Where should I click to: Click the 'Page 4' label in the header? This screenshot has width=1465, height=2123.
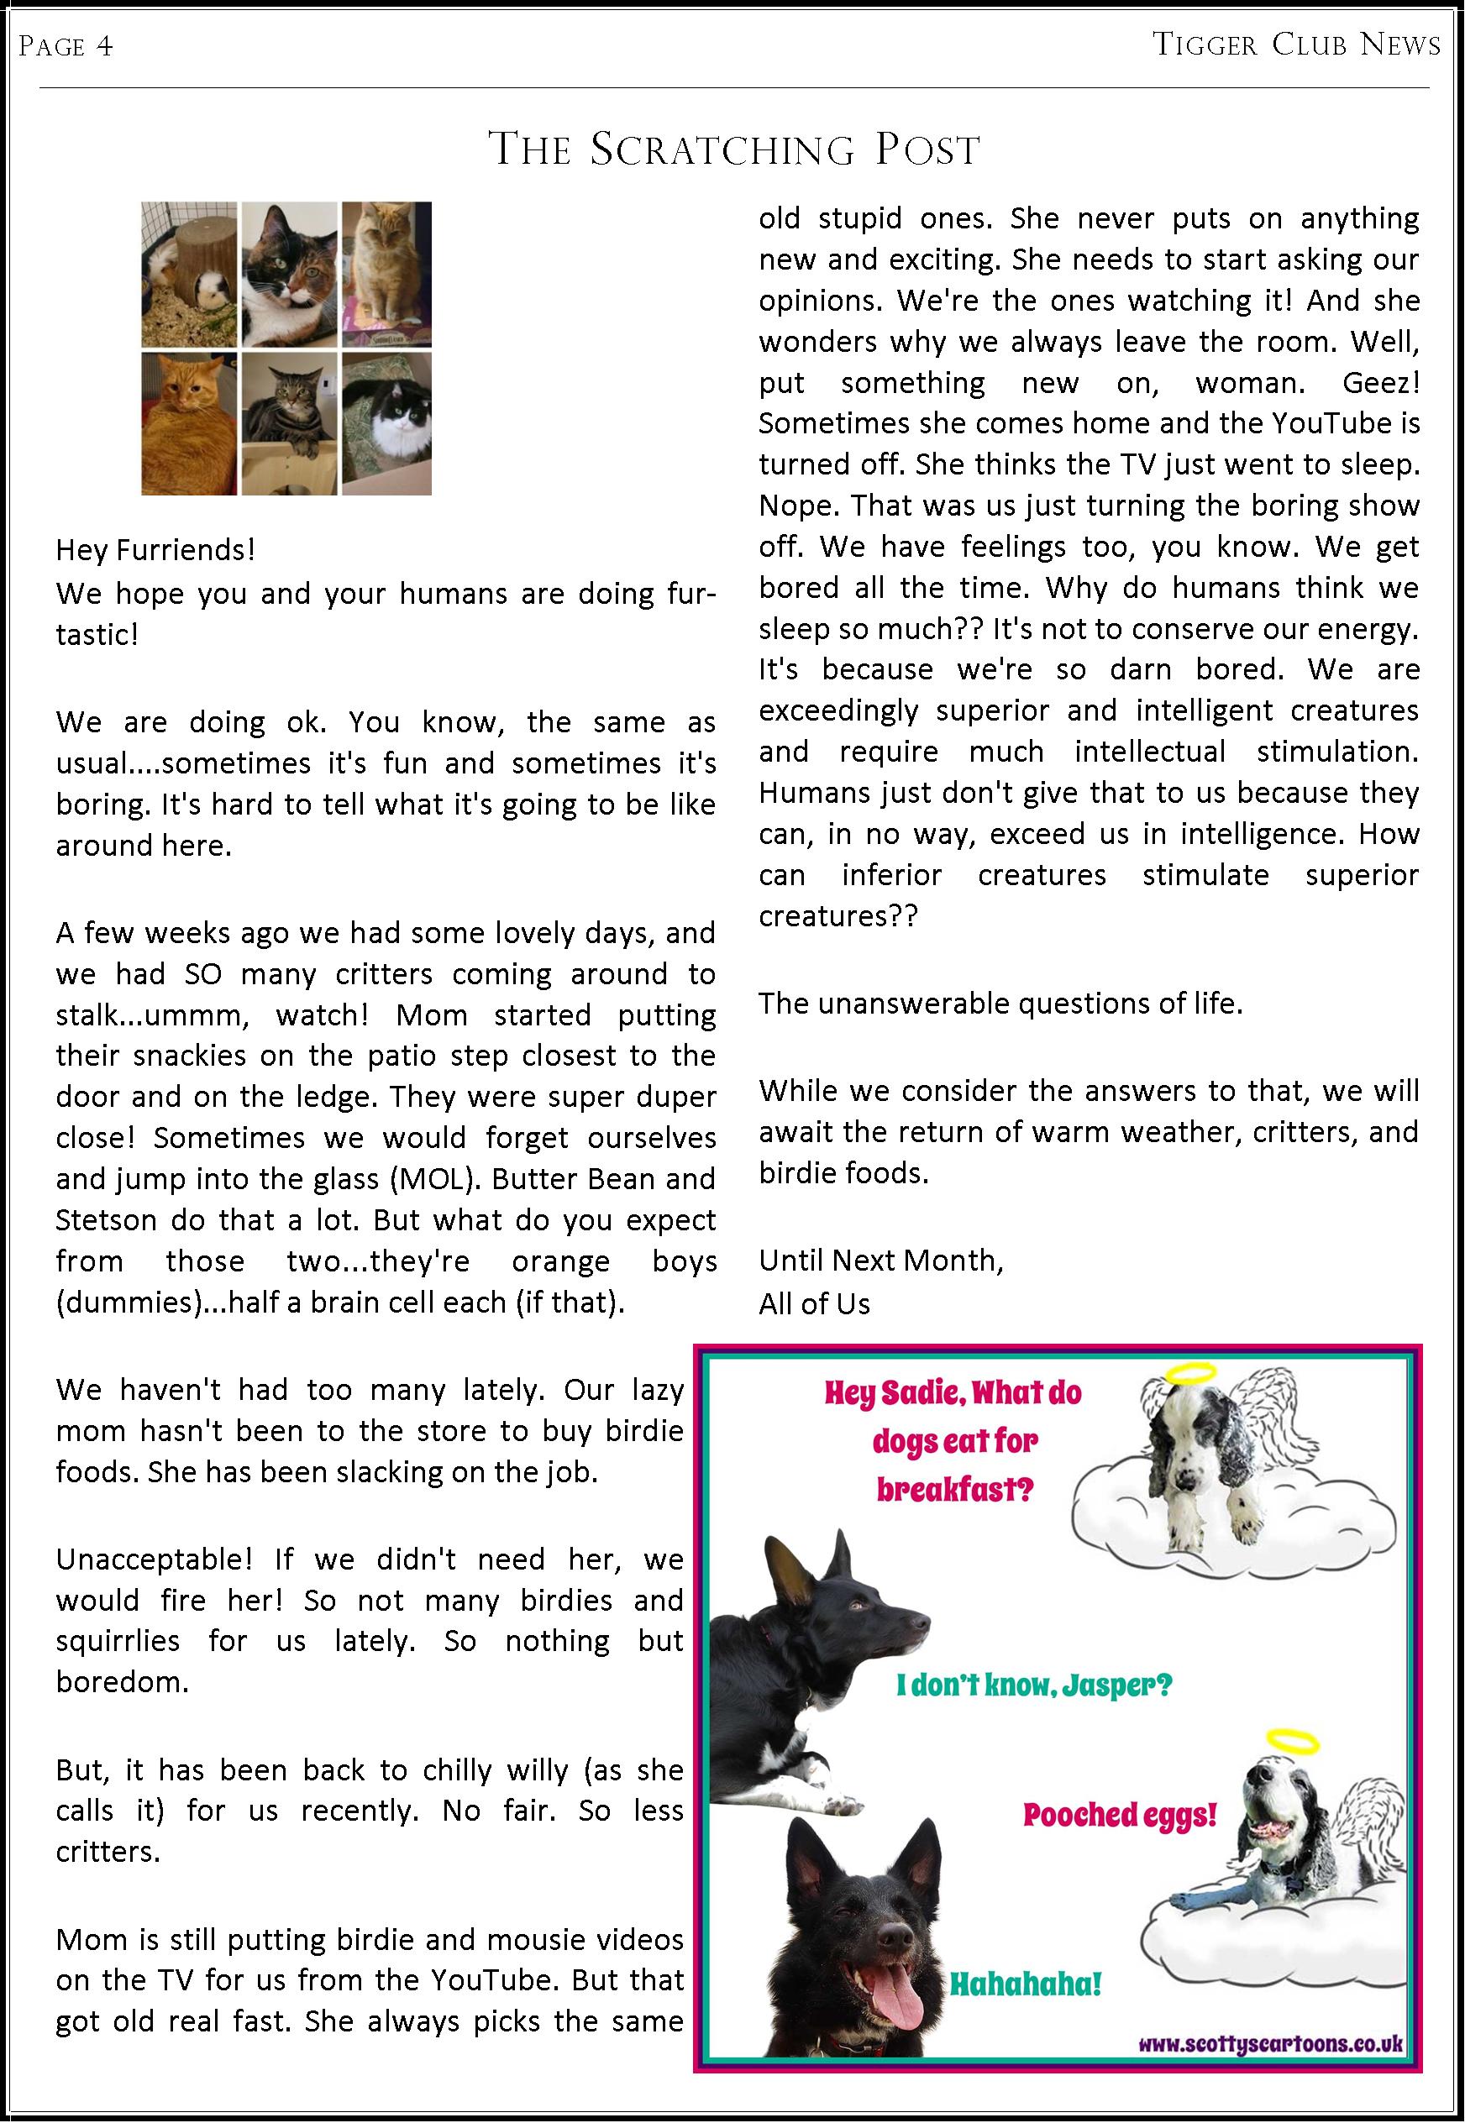pos(66,46)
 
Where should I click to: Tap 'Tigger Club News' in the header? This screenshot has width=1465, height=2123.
pos(1295,44)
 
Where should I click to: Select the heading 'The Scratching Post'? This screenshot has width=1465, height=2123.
pos(734,149)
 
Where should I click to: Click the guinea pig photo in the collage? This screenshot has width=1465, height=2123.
pos(189,275)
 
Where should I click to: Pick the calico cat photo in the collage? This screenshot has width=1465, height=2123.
pos(289,275)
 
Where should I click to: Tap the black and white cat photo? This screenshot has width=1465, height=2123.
pos(386,423)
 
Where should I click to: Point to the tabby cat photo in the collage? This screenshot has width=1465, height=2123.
pos(289,423)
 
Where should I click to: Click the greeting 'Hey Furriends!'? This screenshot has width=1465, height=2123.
pos(155,549)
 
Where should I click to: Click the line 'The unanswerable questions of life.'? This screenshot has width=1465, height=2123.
pos(1000,1003)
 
